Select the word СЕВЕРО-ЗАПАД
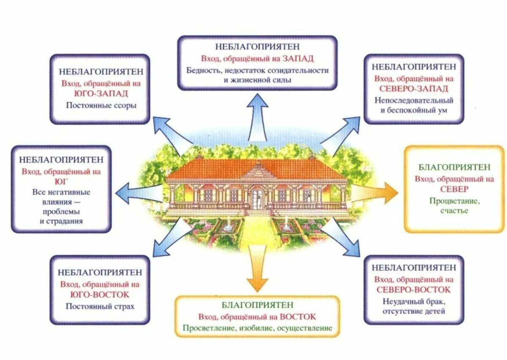tap(414, 89)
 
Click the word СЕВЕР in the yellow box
tap(454, 189)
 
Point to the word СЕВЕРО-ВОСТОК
tap(414, 290)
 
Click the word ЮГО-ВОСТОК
tap(100, 295)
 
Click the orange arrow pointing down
tap(257, 270)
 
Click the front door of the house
tap(257, 198)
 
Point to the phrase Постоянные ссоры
tap(101, 105)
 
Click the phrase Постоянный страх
tap(100, 306)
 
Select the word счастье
tap(454, 210)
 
